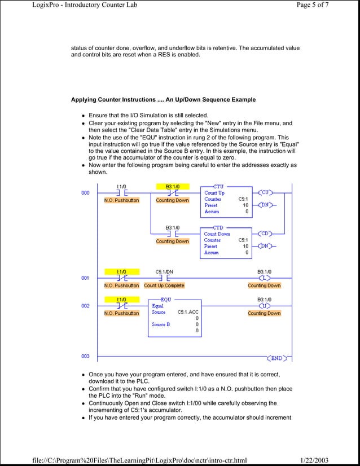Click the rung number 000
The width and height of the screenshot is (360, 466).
coord(85,193)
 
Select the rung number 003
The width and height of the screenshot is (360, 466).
coord(85,356)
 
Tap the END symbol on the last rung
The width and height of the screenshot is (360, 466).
coord(276,358)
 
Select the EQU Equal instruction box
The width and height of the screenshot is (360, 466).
coord(174,318)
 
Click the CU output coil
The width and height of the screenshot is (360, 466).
coord(266,192)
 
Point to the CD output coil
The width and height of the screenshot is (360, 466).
coord(266,233)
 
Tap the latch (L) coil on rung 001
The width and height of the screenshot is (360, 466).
coord(264,278)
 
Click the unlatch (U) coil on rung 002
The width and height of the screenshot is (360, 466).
coord(264,306)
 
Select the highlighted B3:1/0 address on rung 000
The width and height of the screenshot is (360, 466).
coord(173,186)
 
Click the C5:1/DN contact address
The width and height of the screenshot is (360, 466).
coord(164,271)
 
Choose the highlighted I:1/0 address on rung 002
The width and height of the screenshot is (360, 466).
coord(121,300)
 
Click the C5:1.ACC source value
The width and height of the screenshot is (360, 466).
coord(188,312)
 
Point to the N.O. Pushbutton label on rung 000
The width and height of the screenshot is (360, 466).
coord(121,200)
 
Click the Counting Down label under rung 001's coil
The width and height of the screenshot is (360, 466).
coord(264,285)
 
